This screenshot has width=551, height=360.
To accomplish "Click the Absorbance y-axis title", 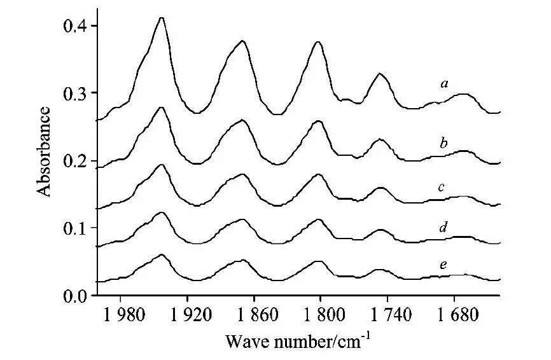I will tap(44, 151).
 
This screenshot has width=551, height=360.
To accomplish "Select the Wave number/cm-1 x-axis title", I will tap(297, 340).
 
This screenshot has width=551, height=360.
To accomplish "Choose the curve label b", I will tap(445, 144).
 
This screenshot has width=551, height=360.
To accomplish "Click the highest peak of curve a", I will tap(162, 18).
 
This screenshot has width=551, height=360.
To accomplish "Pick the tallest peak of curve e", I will tap(162, 254).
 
